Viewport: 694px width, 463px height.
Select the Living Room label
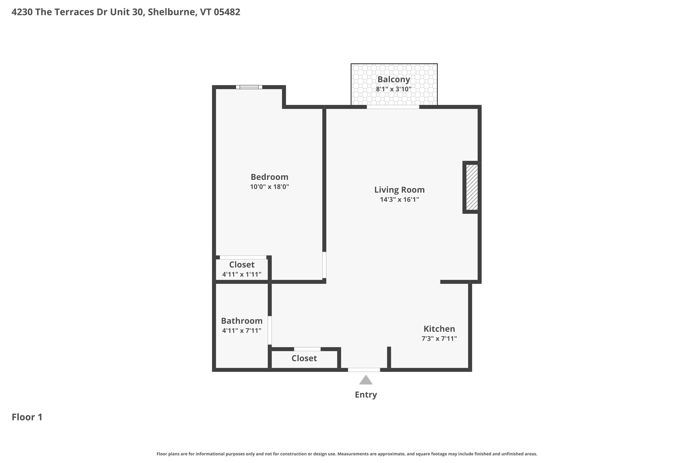tap(399, 190)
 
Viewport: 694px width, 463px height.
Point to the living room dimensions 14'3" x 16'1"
tap(399, 200)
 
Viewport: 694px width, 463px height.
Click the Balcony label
tap(394, 79)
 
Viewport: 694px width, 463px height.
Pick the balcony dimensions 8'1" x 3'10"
tap(394, 89)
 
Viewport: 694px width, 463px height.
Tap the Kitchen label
tap(439, 329)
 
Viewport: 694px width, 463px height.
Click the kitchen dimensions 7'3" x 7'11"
tap(439, 338)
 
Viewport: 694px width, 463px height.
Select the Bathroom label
tap(242, 321)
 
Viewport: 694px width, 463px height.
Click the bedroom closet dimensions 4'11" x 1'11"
tap(242, 274)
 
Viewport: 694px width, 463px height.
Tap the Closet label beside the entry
tap(304, 358)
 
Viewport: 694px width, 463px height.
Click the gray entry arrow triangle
tap(366, 380)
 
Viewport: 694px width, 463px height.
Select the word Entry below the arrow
tap(366, 394)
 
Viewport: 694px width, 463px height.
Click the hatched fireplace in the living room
tap(471, 187)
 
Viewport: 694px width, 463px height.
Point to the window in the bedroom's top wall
tap(249, 87)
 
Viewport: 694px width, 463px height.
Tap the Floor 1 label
tap(27, 417)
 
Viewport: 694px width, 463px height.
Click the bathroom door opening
tap(270, 330)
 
